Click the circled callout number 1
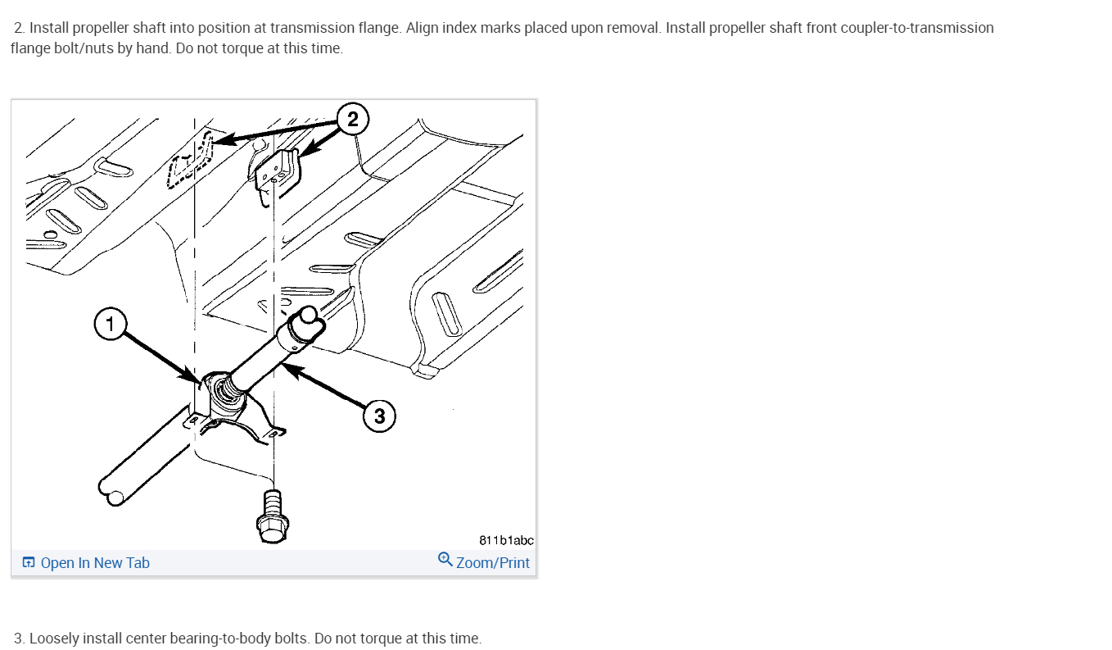110,324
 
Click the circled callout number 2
352,120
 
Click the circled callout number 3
379,416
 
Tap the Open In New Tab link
95,563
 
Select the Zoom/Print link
493,563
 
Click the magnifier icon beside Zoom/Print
445,560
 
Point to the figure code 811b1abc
506,540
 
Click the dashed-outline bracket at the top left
191,160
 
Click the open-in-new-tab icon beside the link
29,562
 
